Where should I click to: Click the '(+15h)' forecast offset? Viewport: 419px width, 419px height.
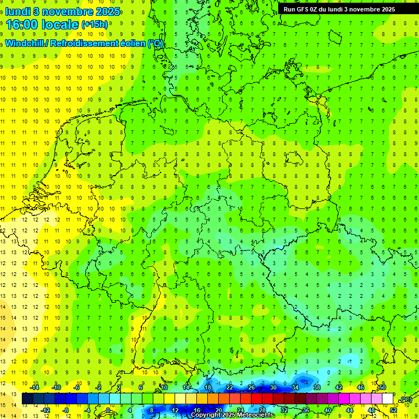point(94,25)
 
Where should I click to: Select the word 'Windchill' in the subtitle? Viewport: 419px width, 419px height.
point(25,44)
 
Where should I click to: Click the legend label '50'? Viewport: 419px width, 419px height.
point(382,387)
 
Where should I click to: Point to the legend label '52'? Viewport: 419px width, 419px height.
point(393,410)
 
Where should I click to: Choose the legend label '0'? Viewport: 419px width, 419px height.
point(108,410)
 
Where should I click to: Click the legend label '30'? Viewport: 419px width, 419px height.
point(273,387)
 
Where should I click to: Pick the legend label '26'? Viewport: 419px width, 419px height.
point(251,387)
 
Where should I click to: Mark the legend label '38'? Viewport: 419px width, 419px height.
point(316,387)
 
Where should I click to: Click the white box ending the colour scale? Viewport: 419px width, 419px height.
point(388,399)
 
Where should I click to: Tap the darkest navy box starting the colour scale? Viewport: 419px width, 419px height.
point(27,399)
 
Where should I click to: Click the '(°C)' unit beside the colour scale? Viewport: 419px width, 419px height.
point(405,399)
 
